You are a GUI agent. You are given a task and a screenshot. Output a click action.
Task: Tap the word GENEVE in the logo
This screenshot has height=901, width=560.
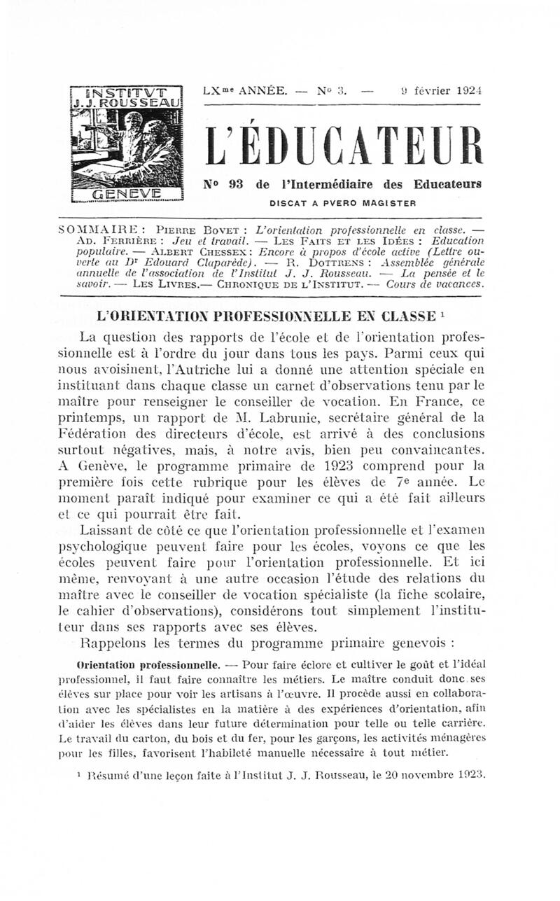pos(127,194)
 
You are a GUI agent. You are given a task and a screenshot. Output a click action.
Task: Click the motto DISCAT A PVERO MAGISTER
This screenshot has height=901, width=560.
pos(343,203)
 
